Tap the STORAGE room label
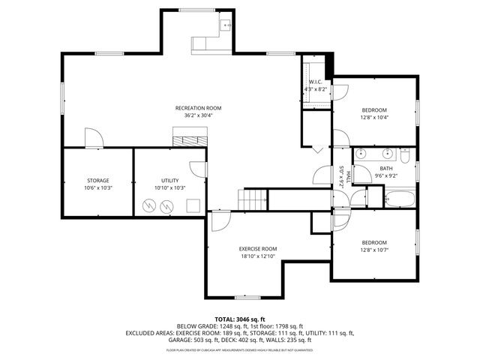(97, 180)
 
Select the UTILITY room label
(169, 180)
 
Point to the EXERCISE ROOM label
(258, 248)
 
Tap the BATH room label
(385, 168)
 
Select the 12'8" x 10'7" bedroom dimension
(373, 250)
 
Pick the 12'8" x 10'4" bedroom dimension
(373, 117)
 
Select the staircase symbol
(253, 199)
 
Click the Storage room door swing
(93, 138)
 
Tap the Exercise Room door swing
(220, 220)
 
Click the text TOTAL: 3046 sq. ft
(240, 319)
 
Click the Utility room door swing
(198, 169)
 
